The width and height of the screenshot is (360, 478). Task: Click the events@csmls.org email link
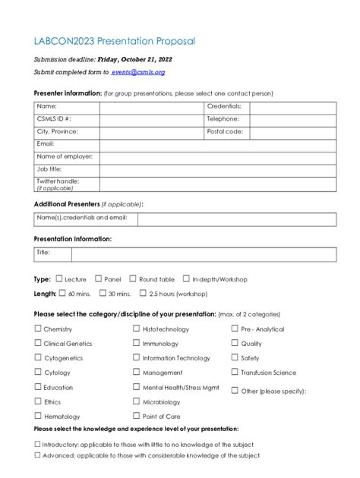point(138,72)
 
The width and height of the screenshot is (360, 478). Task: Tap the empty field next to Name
point(152,107)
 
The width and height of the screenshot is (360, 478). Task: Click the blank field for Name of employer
point(218,156)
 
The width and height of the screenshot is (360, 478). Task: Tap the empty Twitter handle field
point(218,184)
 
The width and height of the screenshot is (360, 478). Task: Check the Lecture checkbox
point(58,279)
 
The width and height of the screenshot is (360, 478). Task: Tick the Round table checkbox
point(133,279)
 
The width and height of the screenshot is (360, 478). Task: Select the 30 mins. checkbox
point(103,293)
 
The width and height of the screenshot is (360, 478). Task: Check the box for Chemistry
point(38,329)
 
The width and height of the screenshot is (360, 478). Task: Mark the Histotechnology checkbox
point(137,329)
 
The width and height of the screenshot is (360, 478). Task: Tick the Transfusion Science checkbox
point(235,372)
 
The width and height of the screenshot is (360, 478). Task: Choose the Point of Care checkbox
point(137,416)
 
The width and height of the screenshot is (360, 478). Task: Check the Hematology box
point(38,416)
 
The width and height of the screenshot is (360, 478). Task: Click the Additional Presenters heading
point(67,204)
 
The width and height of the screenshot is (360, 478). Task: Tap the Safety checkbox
point(235,357)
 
